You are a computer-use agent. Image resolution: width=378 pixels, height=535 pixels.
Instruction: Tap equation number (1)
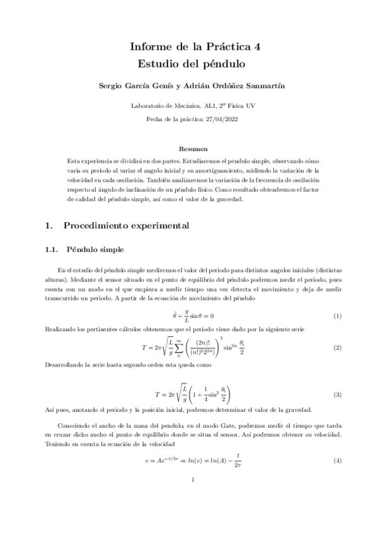[337, 315]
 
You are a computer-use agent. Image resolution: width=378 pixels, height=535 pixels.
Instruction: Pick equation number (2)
[337, 348]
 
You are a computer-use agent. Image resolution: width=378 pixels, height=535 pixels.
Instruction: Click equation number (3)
[337, 395]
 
